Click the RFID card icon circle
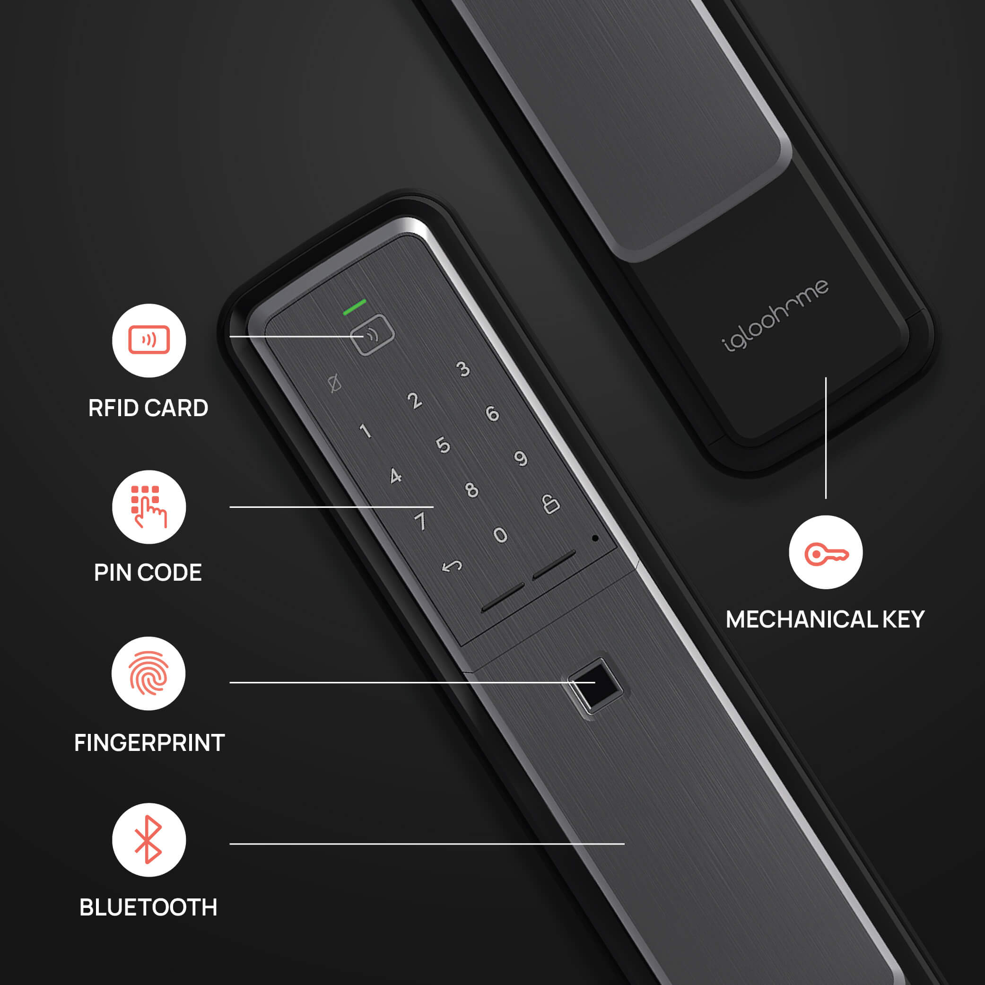149,340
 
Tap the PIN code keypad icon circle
149,507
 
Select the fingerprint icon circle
148,673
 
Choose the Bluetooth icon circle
149,840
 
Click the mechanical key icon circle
826,552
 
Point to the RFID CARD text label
148,409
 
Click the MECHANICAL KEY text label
825,619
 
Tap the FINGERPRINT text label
149,743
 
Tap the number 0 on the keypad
500,535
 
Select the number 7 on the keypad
420,521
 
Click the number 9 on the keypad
521,458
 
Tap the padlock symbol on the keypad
550,504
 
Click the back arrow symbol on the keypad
452,567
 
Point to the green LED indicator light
354,307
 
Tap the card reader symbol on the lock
373,335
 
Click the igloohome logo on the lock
775,315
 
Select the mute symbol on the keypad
334,383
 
